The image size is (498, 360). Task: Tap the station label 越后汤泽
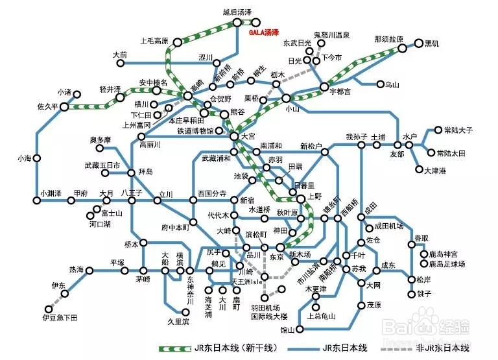(x=236, y=12)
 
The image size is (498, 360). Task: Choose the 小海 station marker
(x=37, y=158)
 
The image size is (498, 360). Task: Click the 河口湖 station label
(x=100, y=224)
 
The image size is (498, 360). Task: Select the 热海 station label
(x=76, y=269)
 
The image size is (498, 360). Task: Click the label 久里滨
(x=177, y=322)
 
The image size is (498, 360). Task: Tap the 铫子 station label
(x=424, y=293)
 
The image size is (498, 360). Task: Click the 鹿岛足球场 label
(x=447, y=265)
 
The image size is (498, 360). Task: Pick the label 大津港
(x=435, y=171)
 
